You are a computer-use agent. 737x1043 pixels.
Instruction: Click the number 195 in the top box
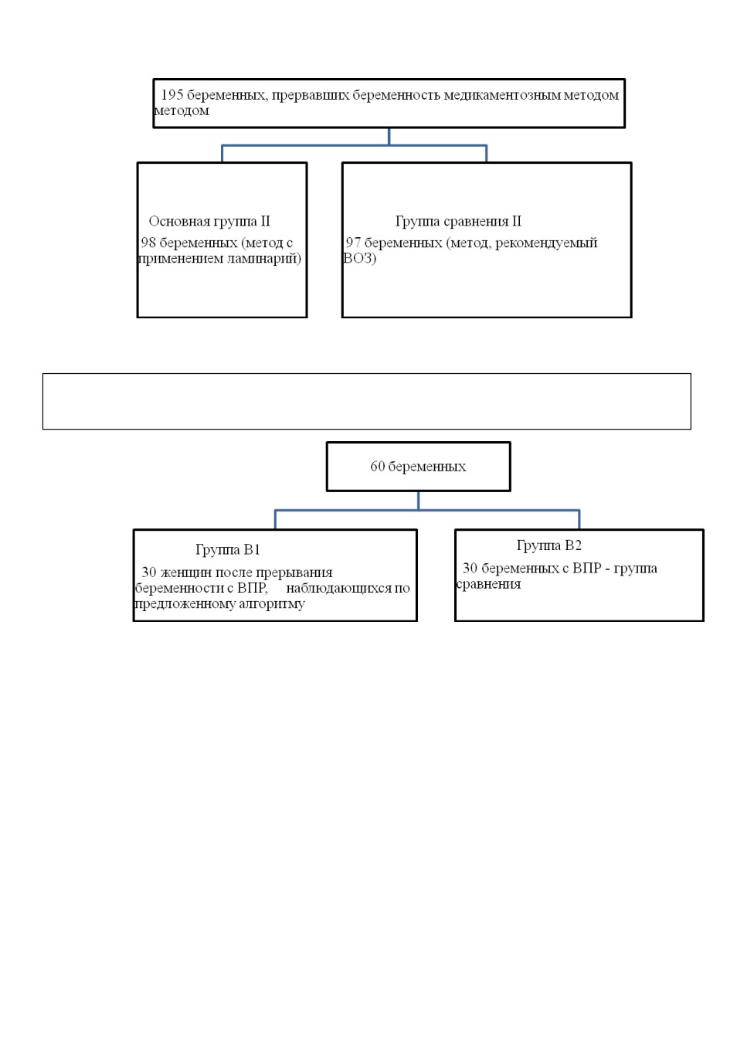[172, 95]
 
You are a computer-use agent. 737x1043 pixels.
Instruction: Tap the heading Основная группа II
[209, 221]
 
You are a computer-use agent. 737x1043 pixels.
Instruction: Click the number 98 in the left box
[148, 243]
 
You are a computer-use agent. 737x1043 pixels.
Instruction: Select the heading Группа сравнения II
[459, 221]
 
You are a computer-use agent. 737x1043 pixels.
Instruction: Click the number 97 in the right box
[353, 243]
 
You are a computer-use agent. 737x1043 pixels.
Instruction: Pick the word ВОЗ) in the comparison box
[359, 258]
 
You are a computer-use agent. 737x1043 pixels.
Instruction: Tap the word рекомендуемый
[546, 243]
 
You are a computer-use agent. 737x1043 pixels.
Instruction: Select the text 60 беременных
[418, 467]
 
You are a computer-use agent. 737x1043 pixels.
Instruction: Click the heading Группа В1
[228, 550]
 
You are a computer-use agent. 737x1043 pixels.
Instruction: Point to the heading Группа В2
[549, 545]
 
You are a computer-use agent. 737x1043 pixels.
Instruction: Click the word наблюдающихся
[339, 589]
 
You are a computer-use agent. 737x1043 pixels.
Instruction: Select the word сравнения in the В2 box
[488, 584]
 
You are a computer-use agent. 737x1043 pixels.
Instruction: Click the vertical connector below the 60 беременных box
[419, 501]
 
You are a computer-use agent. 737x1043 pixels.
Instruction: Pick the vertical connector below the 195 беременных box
[389, 137]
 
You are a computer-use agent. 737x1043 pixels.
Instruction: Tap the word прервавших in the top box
[310, 96]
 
